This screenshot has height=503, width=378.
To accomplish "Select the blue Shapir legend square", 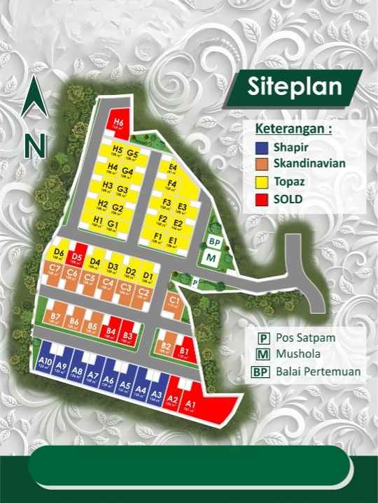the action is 261,149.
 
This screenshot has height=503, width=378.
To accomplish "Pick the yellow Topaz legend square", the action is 261,182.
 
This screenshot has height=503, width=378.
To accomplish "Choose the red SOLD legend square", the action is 261,199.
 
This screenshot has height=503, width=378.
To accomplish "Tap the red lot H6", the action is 118,124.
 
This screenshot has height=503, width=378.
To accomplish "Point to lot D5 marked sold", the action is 76,257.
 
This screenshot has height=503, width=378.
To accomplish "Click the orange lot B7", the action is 56,319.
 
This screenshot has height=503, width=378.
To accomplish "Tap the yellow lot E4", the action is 173,168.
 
